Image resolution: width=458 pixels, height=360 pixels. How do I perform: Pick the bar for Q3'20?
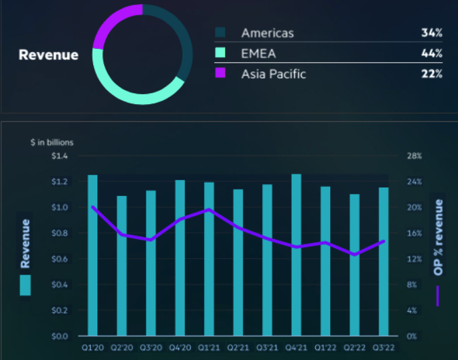151,263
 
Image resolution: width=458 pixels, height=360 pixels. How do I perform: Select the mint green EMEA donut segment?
131,95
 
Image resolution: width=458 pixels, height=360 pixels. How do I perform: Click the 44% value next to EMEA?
432,54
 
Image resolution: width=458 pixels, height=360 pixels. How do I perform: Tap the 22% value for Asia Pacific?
432,74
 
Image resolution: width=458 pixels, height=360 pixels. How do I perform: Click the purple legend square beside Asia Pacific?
220,73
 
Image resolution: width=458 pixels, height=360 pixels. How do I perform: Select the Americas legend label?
267,33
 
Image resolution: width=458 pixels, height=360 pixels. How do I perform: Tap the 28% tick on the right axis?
414,156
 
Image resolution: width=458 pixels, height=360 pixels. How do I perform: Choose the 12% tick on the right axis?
414,259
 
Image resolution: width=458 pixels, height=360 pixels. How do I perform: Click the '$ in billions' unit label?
52,142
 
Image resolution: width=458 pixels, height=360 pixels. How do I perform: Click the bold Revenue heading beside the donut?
48,55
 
